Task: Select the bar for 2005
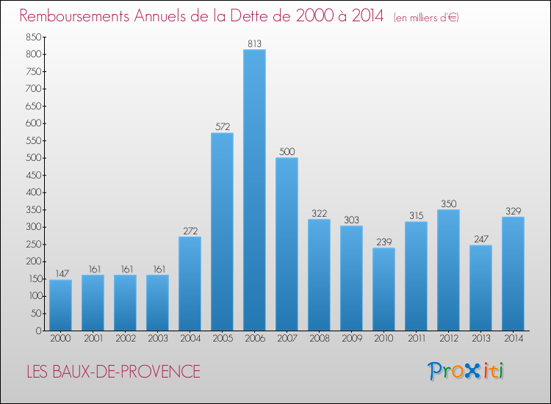pos(222,231)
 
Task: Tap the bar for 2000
pos(60,305)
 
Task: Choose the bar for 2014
pos(513,273)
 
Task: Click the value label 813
pos(254,43)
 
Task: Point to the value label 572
pos(222,127)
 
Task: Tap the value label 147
pos(60,274)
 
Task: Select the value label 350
pos(448,203)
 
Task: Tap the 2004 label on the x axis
pos(190,339)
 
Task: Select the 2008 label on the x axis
pos(319,339)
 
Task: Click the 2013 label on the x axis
pos(480,339)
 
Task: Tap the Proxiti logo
pos(466,371)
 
